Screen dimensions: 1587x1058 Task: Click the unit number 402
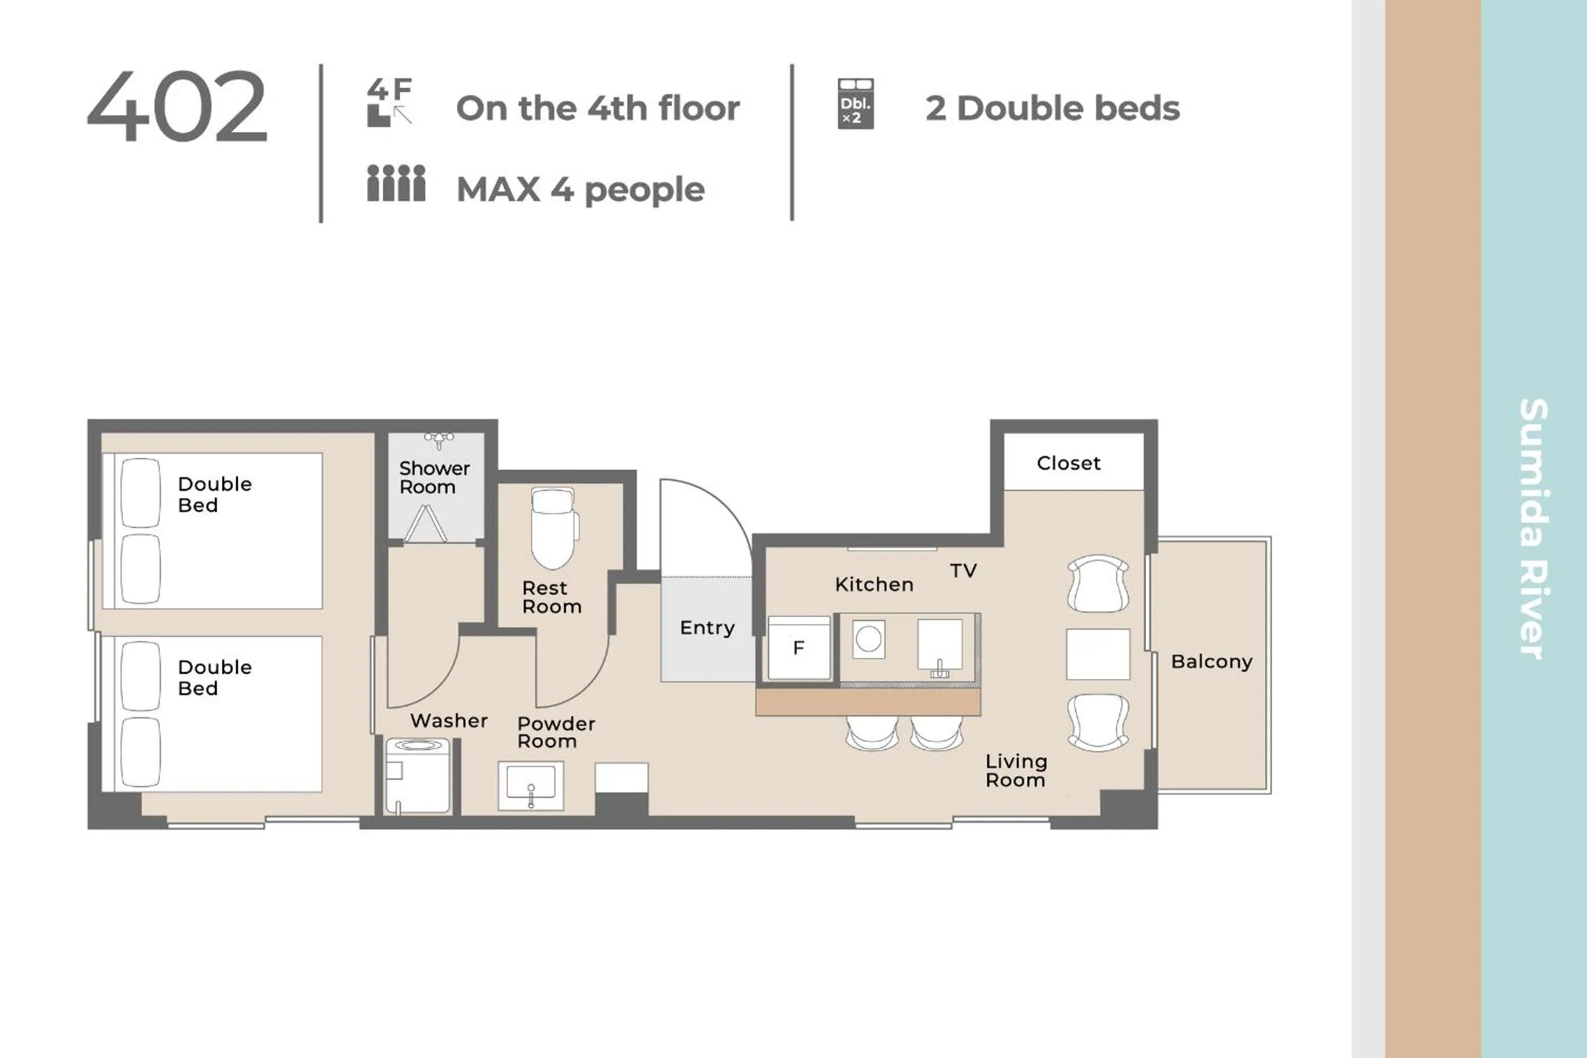(x=177, y=106)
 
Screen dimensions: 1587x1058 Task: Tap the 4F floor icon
(x=390, y=102)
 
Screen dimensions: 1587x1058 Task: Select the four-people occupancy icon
(x=396, y=183)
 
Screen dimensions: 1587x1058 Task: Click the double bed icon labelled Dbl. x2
(x=856, y=103)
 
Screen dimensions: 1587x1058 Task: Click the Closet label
(x=1068, y=463)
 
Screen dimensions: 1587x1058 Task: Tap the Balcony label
(x=1211, y=662)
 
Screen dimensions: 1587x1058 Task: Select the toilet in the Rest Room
(x=554, y=528)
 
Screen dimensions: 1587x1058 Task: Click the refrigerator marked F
(x=799, y=648)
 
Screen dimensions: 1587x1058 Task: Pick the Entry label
(x=707, y=628)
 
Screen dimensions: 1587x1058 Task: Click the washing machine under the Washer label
(x=418, y=776)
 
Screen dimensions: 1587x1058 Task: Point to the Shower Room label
(x=434, y=477)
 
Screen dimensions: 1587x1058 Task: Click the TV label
(x=963, y=571)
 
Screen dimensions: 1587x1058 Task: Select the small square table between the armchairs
(x=1098, y=654)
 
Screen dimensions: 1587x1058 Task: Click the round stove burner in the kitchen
(x=868, y=638)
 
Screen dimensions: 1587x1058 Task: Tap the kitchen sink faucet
(x=939, y=669)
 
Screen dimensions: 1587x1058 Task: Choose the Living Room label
(x=1016, y=770)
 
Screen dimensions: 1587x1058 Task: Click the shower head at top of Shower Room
(x=438, y=440)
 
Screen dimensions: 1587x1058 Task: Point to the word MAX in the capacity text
(x=498, y=190)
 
